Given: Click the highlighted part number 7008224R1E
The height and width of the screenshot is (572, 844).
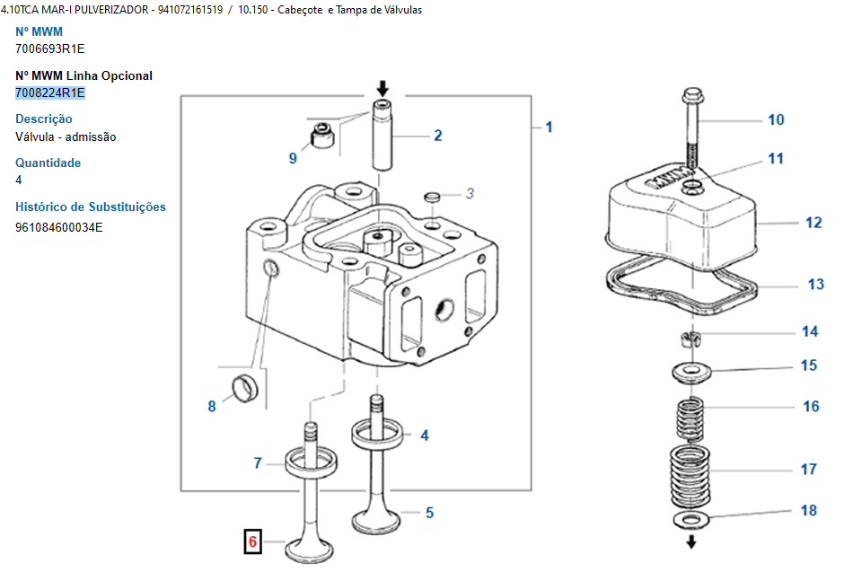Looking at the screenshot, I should click(x=50, y=92).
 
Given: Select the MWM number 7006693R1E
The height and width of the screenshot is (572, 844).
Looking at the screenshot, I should click(x=50, y=48).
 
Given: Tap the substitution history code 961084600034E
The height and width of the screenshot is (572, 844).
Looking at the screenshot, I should click(x=59, y=226).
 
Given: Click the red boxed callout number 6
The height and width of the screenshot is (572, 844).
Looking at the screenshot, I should click(x=252, y=541).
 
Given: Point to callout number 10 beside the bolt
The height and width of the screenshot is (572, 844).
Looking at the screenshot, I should click(x=776, y=119).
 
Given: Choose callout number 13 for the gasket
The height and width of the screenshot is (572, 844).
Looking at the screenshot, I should click(x=815, y=285).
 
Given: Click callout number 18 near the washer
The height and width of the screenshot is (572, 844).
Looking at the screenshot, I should click(x=809, y=510).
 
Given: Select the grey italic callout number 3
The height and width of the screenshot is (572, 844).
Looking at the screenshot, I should click(x=470, y=192).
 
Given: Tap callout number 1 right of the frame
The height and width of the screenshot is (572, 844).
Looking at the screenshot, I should click(x=549, y=127).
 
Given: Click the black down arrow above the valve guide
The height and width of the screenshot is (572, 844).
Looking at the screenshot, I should click(x=383, y=88).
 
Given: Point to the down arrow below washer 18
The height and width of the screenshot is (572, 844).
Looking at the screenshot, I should click(x=691, y=542).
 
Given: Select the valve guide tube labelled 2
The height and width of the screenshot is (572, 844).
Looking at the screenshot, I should click(x=385, y=135).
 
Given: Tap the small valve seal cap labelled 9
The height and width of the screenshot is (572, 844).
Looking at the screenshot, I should click(x=321, y=136).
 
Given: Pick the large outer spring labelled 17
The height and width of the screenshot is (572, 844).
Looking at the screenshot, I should click(x=692, y=472).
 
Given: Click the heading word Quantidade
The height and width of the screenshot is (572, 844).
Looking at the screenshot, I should click(x=48, y=163).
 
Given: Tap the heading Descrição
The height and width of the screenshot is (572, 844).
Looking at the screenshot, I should click(x=44, y=119).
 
